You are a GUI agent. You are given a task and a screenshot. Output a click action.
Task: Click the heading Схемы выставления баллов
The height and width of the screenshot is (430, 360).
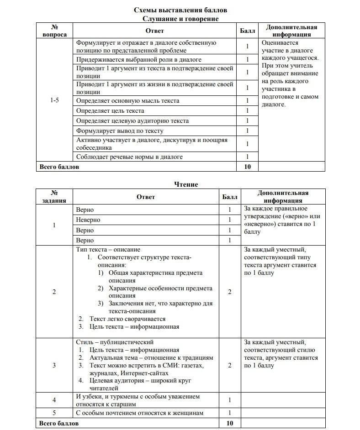pyautogui.click(x=180, y=10)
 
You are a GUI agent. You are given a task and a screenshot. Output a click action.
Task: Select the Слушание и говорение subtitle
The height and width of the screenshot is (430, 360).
pyautogui.click(x=180, y=19)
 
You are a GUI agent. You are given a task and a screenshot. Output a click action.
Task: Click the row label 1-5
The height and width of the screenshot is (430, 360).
pyautogui.click(x=54, y=100)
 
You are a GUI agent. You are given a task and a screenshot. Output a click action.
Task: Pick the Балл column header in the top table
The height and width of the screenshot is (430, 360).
pyautogui.click(x=248, y=31)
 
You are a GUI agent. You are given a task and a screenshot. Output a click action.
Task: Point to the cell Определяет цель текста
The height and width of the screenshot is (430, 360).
pyautogui.click(x=110, y=111)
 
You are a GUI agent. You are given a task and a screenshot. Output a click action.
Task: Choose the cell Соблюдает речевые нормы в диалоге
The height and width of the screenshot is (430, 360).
pyautogui.click(x=129, y=157)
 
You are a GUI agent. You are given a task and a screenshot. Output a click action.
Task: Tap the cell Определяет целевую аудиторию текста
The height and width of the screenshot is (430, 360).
pyautogui.click(x=132, y=121)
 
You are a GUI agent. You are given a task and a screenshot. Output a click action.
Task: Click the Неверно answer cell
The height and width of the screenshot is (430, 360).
pyautogui.click(x=88, y=220)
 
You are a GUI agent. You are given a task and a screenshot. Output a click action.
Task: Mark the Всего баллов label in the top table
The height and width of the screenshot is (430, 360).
pyautogui.click(x=59, y=167)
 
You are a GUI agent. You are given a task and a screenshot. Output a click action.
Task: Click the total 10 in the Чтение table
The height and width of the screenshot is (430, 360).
pyautogui.click(x=229, y=424)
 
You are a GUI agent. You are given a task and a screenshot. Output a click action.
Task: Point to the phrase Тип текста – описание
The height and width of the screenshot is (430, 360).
pyautogui.click(x=108, y=250)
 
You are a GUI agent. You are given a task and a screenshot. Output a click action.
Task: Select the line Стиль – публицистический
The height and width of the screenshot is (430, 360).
pyautogui.click(x=115, y=342)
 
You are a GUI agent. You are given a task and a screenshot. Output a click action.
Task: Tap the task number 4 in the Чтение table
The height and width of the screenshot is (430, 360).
pyautogui.click(x=54, y=400)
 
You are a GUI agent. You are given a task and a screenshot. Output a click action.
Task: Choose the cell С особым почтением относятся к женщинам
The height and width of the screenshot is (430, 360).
pyautogui.click(x=139, y=413)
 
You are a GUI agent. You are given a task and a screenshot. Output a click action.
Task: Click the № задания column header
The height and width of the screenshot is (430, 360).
pyautogui.click(x=54, y=197)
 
